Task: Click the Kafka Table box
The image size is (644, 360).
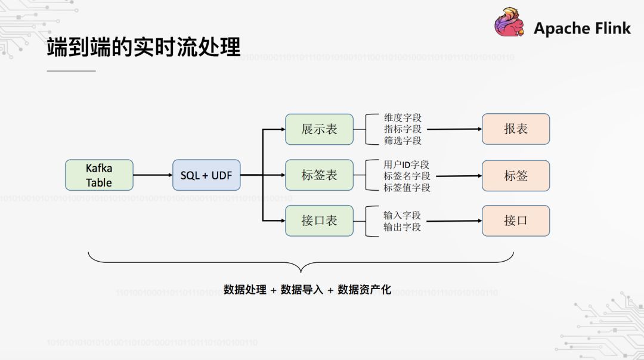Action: tap(99, 175)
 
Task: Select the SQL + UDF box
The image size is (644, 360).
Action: tap(206, 175)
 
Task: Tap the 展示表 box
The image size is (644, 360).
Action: tap(319, 129)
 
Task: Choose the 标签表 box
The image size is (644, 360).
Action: tap(319, 175)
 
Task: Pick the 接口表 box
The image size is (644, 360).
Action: tap(319, 221)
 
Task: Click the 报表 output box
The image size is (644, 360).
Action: tap(516, 129)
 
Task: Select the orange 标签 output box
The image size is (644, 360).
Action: tap(516, 175)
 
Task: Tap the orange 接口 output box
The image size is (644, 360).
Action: tap(516, 221)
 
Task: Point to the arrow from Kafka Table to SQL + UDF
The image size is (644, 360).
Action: tap(153, 175)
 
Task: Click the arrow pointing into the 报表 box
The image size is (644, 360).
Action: tap(454, 129)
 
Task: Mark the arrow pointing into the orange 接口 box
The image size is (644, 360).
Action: tap(454, 221)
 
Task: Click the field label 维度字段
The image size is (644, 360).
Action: tap(402, 118)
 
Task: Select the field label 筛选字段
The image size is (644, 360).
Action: tap(402, 141)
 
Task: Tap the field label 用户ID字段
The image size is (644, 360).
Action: tap(406, 165)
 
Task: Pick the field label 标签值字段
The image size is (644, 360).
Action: tap(406, 187)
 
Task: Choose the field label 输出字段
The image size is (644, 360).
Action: tap(402, 227)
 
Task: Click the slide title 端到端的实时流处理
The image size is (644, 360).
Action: tap(143, 48)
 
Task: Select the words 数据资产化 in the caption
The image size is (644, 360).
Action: tap(364, 290)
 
